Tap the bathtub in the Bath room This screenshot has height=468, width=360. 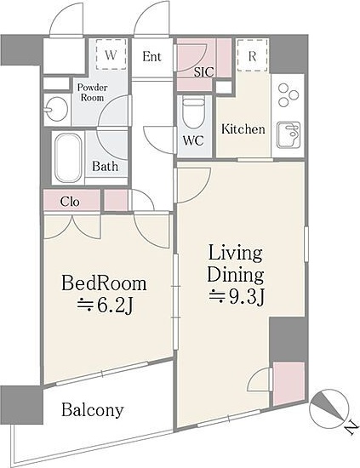68,157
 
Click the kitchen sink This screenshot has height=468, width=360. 288,134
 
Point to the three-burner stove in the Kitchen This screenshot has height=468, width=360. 288,95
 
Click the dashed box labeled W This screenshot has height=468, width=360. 111,54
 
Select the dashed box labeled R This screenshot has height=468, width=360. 252,55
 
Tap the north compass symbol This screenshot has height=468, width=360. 329,409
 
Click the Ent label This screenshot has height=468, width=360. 151,56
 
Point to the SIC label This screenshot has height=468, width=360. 204,72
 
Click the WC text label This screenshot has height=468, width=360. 193,140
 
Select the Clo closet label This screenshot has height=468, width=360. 70,202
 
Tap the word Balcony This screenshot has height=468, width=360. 92,410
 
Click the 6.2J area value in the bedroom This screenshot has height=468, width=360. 105,305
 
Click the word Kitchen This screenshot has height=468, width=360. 243,129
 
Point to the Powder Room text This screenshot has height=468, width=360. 92,93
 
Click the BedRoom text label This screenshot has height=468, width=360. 104,283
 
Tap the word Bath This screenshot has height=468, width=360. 105,166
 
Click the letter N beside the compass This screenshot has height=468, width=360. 352,429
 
